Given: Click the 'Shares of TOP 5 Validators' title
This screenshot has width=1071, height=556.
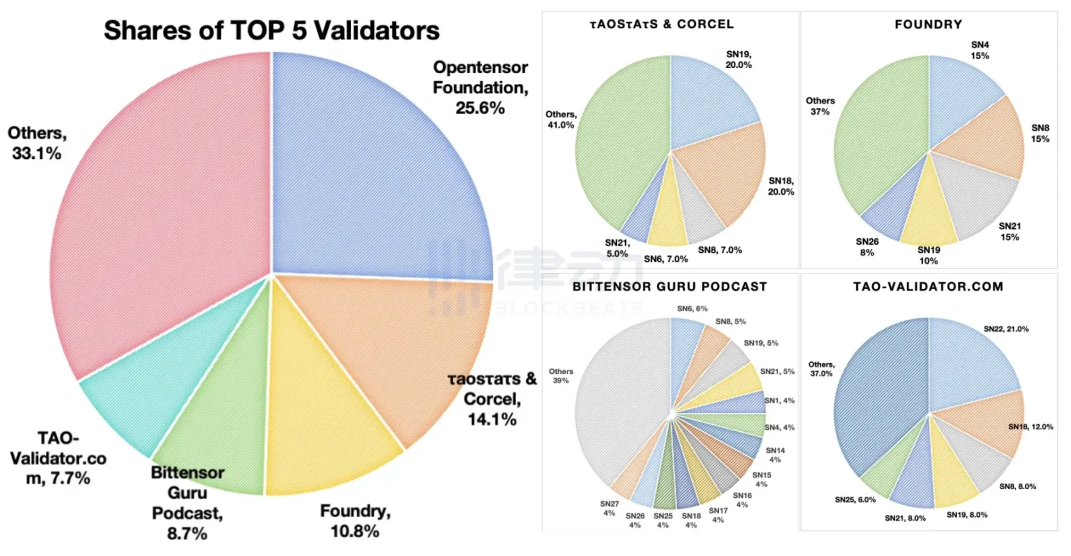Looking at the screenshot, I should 271,30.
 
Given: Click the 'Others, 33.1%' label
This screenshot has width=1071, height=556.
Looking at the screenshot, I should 37,143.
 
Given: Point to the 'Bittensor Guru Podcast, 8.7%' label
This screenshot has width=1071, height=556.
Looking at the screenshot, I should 187,502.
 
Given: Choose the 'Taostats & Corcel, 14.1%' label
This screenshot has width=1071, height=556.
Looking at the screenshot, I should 492,399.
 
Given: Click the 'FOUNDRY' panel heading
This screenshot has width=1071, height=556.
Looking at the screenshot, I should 928,25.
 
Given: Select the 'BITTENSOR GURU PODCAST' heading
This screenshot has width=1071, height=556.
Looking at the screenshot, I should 669,287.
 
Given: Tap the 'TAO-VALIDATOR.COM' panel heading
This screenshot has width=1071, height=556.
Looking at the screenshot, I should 928,287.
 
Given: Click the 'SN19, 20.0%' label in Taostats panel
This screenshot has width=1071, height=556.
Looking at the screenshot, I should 739,59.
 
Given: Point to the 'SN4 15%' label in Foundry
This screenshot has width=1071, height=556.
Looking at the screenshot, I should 980,50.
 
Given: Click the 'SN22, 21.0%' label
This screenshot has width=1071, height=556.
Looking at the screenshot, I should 1006,329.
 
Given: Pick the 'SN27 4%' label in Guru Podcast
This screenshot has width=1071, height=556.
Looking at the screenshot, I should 609,508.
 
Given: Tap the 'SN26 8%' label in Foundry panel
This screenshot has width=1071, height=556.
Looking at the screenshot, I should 867,247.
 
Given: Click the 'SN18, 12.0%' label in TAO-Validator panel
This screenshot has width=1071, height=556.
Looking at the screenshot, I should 1030,427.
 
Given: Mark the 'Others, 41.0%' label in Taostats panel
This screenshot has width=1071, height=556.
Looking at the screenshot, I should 560,120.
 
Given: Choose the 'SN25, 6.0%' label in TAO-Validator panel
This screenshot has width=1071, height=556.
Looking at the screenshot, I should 855,500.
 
